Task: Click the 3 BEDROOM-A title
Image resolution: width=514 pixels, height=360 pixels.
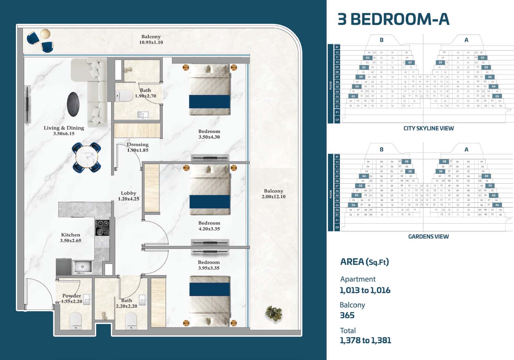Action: click(x=393, y=19)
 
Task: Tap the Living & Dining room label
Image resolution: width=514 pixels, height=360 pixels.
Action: click(x=64, y=130)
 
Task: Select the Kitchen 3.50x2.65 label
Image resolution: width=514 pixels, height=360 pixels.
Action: click(x=70, y=238)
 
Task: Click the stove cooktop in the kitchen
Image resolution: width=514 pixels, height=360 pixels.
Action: click(x=102, y=228)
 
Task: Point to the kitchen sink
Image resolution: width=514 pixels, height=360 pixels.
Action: click(x=83, y=267)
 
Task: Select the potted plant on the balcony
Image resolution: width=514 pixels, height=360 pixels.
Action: click(x=272, y=313)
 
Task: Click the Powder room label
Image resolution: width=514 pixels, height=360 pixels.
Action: click(x=72, y=298)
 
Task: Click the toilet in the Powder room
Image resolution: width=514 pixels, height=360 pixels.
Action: click(x=76, y=320)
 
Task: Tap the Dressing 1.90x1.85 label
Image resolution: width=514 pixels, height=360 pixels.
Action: click(x=137, y=147)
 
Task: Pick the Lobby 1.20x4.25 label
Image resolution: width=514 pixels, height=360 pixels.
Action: click(x=128, y=196)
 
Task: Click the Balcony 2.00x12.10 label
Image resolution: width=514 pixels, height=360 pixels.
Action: click(x=273, y=194)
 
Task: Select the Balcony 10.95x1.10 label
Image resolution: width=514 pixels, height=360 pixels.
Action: click(x=151, y=39)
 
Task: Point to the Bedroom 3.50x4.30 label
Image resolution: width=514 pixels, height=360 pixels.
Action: click(x=209, y=134)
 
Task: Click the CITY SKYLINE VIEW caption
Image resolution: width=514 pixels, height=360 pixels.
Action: click(x=429, y=128)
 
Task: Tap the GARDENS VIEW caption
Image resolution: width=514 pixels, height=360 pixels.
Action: click(x=428, y=237)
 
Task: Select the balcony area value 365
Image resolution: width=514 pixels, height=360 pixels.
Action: click(x=347, y=315)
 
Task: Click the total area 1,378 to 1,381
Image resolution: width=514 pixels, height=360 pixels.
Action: click(x=365, y=340)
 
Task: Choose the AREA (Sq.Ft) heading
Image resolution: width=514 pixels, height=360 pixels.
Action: click(x=364, y=262)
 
